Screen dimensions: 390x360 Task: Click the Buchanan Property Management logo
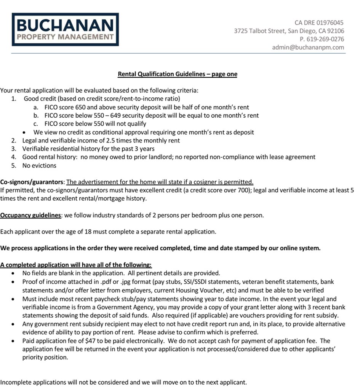click(x=65, y=30)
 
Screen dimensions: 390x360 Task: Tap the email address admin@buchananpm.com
click(x=308, y=48)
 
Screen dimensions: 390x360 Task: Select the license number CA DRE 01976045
click(x=319, y=23)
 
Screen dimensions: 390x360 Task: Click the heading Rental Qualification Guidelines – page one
click(x=177, y=74)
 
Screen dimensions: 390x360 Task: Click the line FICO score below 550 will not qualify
click(x=95, y=124)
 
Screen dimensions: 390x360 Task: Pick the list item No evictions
click(x=39, y=166)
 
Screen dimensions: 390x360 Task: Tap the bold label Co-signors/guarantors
click(x=32, y=182)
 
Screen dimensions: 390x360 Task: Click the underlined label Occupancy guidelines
click(x=30, y=216)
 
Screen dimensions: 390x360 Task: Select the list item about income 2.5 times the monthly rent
click(x=101, y=141)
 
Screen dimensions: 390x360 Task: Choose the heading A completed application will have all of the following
click(x=76, y=265)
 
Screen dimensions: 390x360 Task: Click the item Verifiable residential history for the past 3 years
click(x=88, y=149)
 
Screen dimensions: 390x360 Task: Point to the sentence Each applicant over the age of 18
click(x=108, y=232)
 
